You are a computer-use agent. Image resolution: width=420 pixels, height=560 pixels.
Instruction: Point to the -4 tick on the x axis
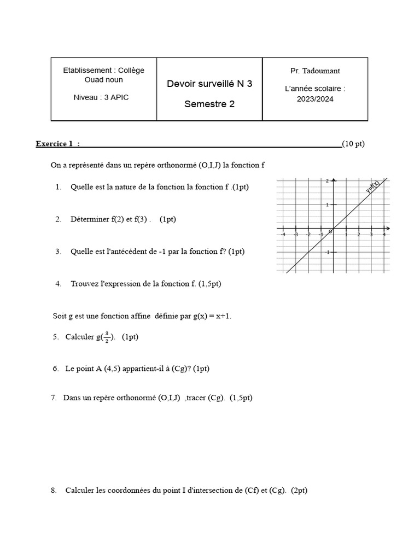click(x=283, y=235)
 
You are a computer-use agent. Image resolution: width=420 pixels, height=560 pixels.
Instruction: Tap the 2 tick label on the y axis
click(x=327, y=181)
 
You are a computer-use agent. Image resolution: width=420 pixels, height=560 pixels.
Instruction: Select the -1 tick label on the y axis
click(x=327, y=253)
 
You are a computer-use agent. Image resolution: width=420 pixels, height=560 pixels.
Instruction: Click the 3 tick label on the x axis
click(x=371, y=235)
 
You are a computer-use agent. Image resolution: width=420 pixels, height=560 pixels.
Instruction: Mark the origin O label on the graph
click(x=330, y=232)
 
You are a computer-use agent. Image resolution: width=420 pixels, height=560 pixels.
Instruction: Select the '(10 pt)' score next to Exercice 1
click(x=353, y=144)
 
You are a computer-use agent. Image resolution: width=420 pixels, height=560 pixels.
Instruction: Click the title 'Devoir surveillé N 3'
click(x=209, y=84)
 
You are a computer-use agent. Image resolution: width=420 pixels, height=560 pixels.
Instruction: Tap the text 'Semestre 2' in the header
click(x=209, y=104)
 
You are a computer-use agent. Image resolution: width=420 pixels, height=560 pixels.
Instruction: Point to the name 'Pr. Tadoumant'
click(x=315, y=71)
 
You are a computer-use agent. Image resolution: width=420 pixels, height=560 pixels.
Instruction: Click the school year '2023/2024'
click(x=315, y=99)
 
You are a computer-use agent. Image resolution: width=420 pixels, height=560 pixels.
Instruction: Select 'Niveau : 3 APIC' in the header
click(x=101, y=97)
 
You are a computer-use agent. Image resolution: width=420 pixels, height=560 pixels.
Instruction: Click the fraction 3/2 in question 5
click(x=107, y=337)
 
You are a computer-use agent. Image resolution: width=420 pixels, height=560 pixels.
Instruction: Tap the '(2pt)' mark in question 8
click(x=299, y=491)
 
